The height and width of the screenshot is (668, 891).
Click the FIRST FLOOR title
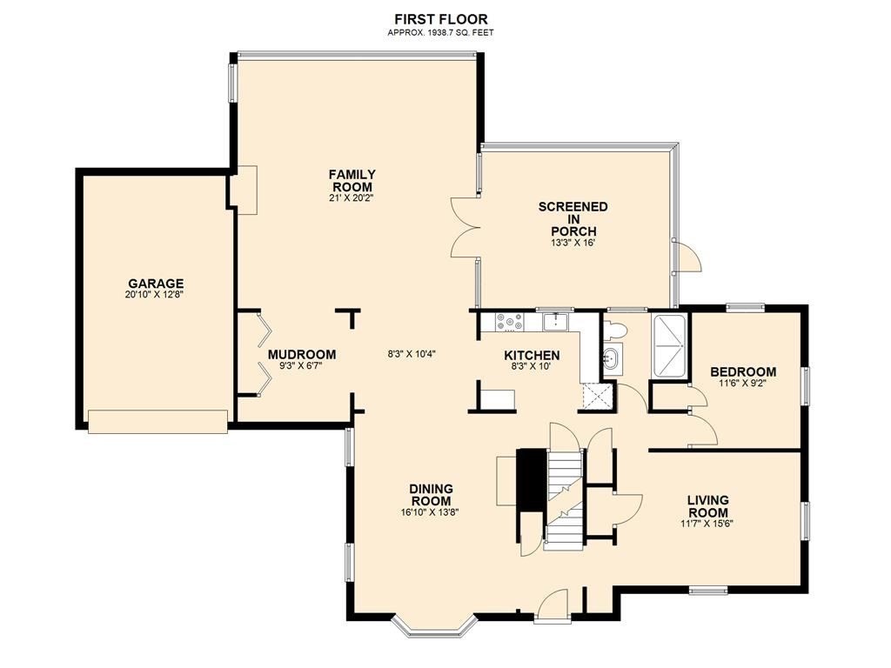[x=441, y=20]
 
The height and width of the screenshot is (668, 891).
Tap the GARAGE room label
[x=156, y=284]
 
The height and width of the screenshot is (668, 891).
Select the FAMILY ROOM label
[x=352, y=181]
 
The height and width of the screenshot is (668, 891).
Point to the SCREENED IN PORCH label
[x=573, y=218]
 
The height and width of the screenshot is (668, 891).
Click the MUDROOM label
[x=302, y=355]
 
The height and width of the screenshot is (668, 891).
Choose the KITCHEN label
[x=532, y=356]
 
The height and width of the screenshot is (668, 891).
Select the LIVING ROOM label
[x=707, y=506]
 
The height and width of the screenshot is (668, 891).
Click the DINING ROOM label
[x=432, y=495]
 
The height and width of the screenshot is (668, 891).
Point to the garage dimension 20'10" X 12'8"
[x=156, y=295]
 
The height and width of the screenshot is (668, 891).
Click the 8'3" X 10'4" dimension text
[x=412, y=354]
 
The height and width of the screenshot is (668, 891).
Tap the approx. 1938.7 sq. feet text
[x=441, y=33]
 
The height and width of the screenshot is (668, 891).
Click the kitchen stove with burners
[x=510, y=322]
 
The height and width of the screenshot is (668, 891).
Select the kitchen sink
[x=556, y=322]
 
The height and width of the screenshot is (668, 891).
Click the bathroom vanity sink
[x=612, y=358]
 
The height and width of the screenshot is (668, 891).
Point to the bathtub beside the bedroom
[x=669, y=344]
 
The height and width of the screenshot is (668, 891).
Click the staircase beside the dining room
[x=564, y=500]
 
